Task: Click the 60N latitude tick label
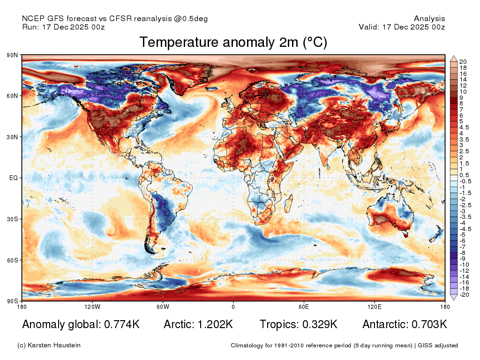coord(12,96)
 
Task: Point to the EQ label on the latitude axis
coord(14,178)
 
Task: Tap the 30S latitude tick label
coord(12,219)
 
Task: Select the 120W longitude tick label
coord(92,307)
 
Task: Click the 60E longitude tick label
coord(304,307)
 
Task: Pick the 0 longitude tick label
coord(233,307)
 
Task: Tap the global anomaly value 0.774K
coord(122,324)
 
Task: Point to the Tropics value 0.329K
coord(320,324)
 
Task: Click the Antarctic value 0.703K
coord(429,324)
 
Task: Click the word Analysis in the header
coord(429,19)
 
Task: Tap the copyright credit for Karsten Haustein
coord(49,345)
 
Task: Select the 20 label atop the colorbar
coord(463,62)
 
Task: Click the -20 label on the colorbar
coord(464,295)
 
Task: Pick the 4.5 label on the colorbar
coord(464,127)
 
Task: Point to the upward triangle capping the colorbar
coord(454,59)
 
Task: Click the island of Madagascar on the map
coord(288,203)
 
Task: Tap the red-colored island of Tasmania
coord(406,235)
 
